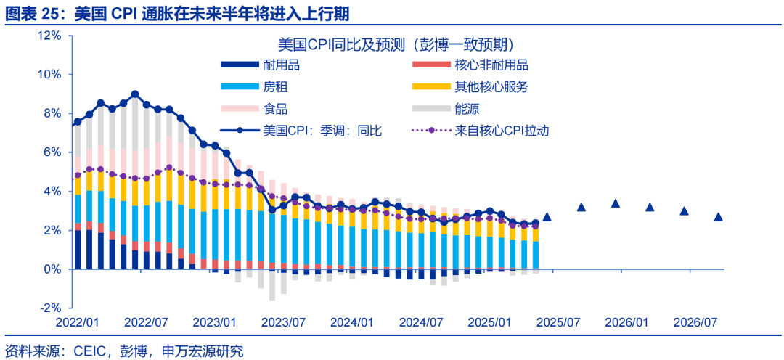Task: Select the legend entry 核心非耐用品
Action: [491, 65]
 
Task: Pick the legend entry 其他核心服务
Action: [491, 87]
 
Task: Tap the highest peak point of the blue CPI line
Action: [135, 94]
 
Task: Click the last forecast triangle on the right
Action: [718, 216]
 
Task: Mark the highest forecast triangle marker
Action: [616, 203]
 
